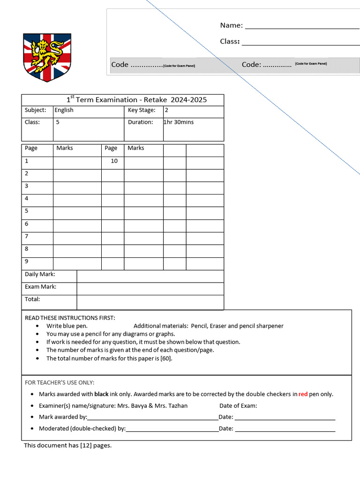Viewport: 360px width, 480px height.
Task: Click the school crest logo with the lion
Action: [x=47, y=57]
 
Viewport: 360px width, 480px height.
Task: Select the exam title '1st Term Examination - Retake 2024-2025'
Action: [x=136, y=100]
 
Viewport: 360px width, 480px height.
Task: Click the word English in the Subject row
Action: [x=64, y=110]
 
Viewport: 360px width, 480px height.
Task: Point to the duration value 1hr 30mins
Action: [x=179, y=122]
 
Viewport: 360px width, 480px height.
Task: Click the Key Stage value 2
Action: [x=166, y=110]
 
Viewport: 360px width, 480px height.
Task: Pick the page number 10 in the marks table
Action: [x=114, y=161]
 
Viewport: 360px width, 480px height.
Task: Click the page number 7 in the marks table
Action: [x=27, y=236]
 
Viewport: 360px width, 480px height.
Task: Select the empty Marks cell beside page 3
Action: [x=77, y=186]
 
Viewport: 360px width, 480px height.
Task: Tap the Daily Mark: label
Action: [x=40, y=274]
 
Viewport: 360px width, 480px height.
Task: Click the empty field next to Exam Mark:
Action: [x=150, y=287]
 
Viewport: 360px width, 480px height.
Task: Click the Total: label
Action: [x=32, y=299]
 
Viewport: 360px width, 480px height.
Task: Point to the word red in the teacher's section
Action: [x=303, y=394]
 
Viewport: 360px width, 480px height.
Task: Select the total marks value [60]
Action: [x=165, y=358]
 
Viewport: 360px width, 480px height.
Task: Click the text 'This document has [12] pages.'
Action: [x=68, y=445]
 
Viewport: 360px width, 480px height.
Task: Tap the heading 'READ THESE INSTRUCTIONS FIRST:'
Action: [x=70, y=318]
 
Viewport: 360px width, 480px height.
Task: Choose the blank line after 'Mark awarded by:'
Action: [x=152, y=417]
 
